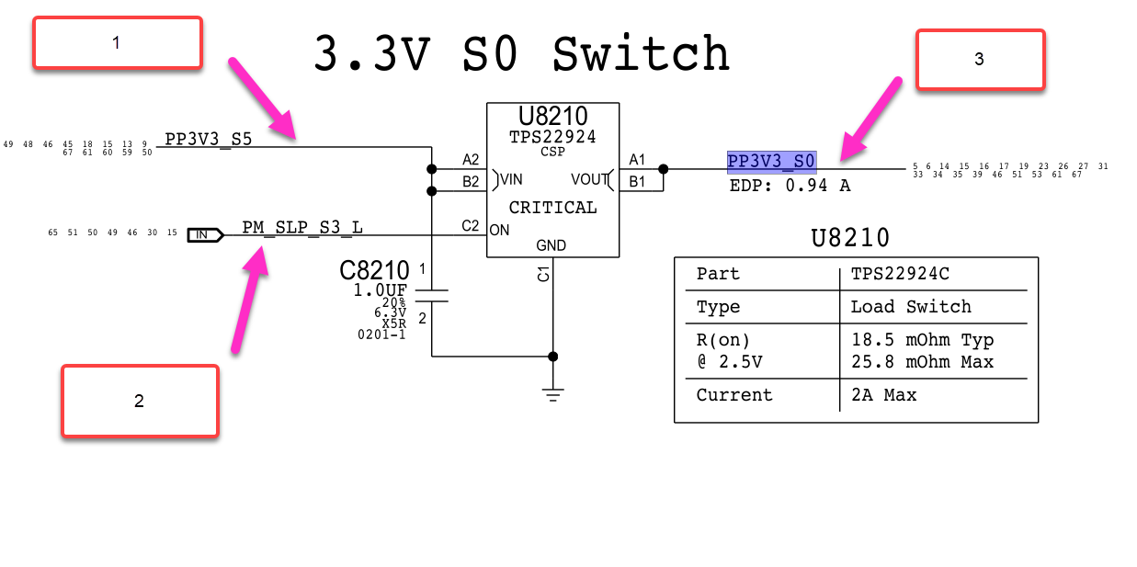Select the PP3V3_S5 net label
point(208,140)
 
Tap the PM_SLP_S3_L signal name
point(302,227)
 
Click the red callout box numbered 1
point(117,42)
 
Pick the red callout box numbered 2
point(140,401)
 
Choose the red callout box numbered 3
point(980,60)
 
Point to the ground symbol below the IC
point(552,395)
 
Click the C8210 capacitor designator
point(374,271)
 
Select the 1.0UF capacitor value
point(381,290)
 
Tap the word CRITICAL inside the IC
point(552,208)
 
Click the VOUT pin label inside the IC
point(590,179)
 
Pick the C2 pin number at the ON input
point(471,226)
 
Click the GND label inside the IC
point(551,245)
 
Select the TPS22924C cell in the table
point(897,274)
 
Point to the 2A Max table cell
point(883,395)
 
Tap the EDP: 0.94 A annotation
point(790,185)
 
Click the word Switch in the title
point(641,54)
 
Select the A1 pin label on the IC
point(637,160)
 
